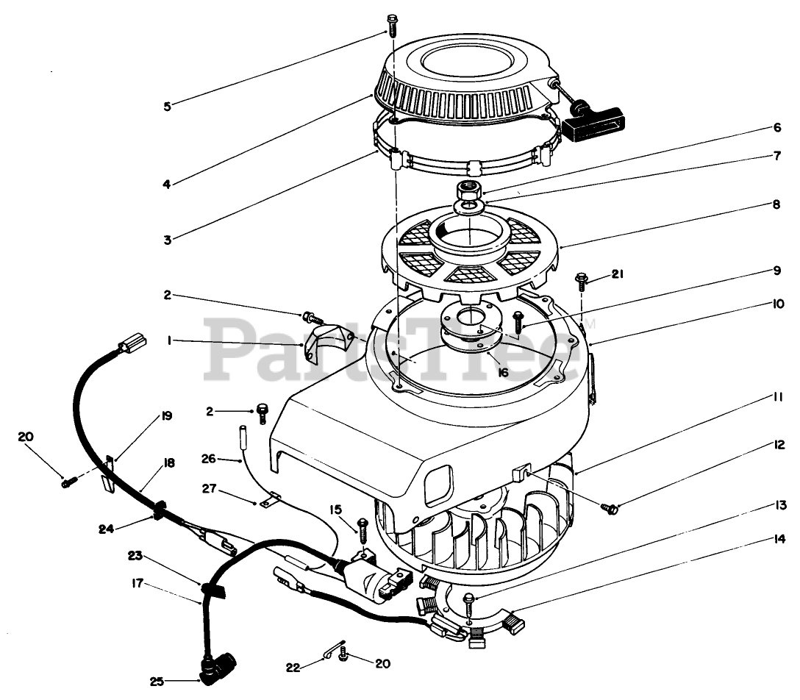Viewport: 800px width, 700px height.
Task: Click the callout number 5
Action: [167, 106]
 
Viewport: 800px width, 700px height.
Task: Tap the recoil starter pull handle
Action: [593, 123]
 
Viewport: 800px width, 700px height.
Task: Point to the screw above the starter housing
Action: [391, 26]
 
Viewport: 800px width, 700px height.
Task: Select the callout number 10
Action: [777, 303]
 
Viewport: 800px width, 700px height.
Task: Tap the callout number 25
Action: [157, 682]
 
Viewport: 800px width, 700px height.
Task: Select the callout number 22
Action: [294, 668]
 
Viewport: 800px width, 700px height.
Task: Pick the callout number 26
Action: [210, 459]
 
